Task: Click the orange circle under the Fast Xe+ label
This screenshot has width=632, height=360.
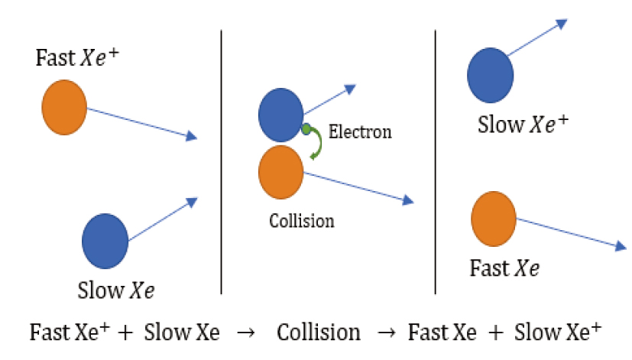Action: click(x=64, y=107)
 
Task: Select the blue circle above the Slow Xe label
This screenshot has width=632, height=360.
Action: click(x=105, y=241)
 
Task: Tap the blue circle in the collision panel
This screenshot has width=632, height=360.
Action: click(x=281, y=115)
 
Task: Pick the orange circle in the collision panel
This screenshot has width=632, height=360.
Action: click(x=281, y=172)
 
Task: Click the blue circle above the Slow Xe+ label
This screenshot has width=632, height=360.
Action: click(x=491, y=76)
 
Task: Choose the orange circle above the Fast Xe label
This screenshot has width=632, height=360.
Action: click(x=494, y=219)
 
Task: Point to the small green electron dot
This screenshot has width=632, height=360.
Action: click(x=306, y=129)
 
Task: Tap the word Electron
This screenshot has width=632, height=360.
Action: click(x=360, y=131)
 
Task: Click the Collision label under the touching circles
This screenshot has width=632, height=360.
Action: click(x=302, y=221)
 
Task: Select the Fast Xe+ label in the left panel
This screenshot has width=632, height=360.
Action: click(x=77, y=57)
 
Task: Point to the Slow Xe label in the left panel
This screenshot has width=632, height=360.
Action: click(x=116, y=290)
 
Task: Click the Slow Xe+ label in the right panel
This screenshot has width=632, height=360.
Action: click(x=523, y=124)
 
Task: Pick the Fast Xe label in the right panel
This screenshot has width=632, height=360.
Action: click(x=504, y=268)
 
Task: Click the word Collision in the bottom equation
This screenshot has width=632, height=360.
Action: click(x=319, y=332)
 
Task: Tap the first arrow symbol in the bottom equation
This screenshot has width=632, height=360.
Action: click(x=246, y=333)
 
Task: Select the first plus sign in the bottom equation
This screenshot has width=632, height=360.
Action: click(x=125, y=333)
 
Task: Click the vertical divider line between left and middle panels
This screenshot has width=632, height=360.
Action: click(x=222, y=162)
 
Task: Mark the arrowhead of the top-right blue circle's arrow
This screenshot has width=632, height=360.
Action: click(x=562, y=24)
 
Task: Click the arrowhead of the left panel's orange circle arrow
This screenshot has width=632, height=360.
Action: click(x=192, y=136)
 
